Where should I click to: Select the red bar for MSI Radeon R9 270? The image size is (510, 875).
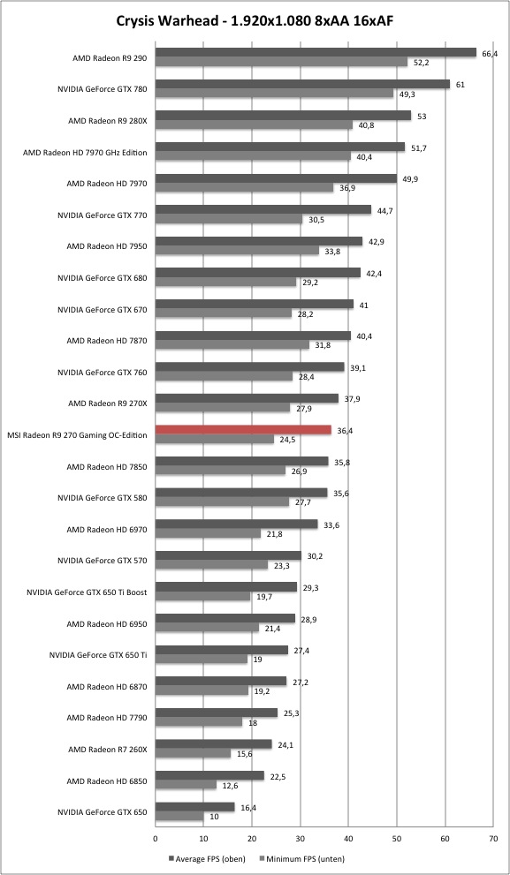tap(243, 430)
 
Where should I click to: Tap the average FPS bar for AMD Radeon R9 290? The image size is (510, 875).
tap(316, 52)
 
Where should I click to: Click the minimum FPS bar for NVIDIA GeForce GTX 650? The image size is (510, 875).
tap(179, 817)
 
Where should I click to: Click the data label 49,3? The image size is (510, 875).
tap(406, 94)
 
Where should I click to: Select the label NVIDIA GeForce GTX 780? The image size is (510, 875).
tap(103, 88)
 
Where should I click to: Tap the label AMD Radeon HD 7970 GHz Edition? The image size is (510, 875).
tap(85, 152)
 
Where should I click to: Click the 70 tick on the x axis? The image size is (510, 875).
tap(492, 838)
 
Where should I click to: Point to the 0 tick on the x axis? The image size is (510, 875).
tap(156, 838)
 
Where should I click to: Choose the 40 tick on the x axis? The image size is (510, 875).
tap(348, 838)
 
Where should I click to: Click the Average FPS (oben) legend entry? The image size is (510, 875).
tap(207, 859)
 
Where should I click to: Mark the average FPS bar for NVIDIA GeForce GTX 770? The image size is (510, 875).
tap(263, 210)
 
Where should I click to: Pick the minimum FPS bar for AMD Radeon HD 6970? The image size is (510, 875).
tap(208, 533)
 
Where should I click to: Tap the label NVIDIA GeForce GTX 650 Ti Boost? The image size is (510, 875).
tap(87, 592)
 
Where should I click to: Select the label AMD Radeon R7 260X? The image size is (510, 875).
tap(108, 750)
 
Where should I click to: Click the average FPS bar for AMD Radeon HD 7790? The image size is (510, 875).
tap(217, 713)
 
